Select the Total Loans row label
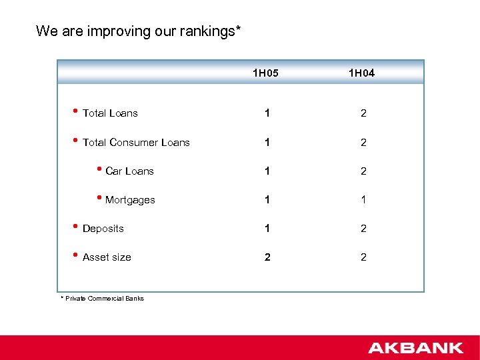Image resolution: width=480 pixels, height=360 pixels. click(110, 113)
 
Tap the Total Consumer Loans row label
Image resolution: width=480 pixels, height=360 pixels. click(136, 143)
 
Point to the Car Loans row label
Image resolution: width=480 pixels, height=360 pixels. click(129, 171)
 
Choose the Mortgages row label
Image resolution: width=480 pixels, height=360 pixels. click(130, 200)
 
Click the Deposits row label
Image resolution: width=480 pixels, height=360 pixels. click(103, 229)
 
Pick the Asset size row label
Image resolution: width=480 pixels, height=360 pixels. click(107, 257)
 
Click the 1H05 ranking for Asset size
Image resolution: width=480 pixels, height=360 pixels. click(267, 257)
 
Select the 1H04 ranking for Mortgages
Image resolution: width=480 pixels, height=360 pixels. click(363, 200)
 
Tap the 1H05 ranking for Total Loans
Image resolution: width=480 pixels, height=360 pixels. click(267, 113)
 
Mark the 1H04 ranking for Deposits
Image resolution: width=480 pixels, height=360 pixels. click(363, 229)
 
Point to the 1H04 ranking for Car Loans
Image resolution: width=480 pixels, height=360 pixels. click(363, 171)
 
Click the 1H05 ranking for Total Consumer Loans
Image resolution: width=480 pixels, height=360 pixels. click(267, 143)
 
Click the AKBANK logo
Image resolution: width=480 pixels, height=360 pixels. click(415, 347)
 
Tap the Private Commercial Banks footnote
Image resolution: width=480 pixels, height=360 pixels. click(105, 298)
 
